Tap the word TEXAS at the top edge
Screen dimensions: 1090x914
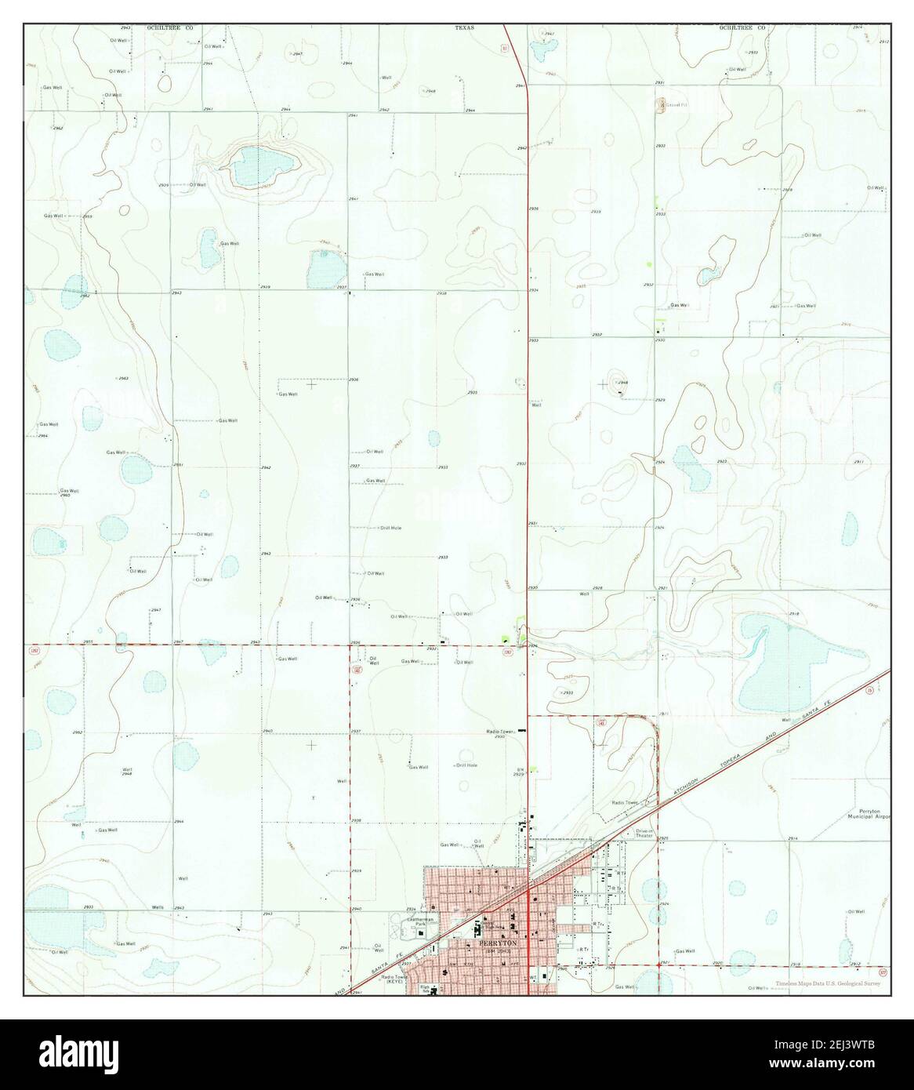point(466,27)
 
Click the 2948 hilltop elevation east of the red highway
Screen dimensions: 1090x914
point(622,383)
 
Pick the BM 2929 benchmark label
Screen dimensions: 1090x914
point(518,772)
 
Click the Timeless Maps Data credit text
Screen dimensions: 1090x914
point(832,984)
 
